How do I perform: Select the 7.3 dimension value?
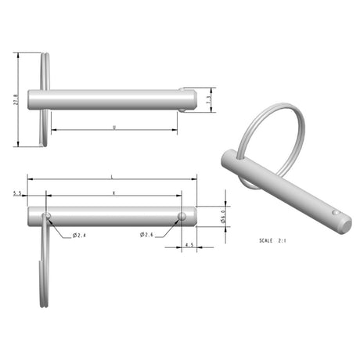pyautogui.click(x=208, y=99)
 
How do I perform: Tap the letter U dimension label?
pyautogui.click(x=114, y=126)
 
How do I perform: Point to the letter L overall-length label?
pyautogui.click(x=112, y=176)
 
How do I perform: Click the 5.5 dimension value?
pyautogui.click(x=17, y=193)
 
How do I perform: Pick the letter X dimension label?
pyautogui.click(x=114, y=193)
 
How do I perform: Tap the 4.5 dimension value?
pyautogui.click(x=189, y=245)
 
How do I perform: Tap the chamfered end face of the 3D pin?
pyautogui.click(x=345, y=225)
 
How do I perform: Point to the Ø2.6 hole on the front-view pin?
pyautogui.click(x=182, y=216)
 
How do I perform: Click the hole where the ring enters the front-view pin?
pyautogui.click(x=47, y=216)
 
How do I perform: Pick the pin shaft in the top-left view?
pyautogui.click(x=110, y=99)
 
